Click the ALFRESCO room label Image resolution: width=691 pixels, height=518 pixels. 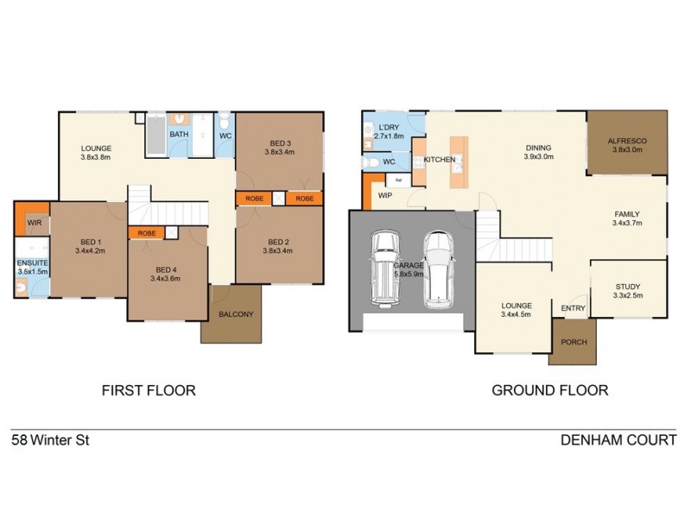(x=627, y=141)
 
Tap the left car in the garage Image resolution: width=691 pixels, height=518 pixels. (x=383, y=268)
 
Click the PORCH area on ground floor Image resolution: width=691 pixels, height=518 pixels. (x=574, y=342)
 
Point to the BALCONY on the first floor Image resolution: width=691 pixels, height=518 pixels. (x=236, y=314)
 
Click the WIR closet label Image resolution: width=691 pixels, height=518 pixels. (x=35, y=222)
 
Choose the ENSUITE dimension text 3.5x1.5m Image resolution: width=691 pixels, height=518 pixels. (x=34, y=271)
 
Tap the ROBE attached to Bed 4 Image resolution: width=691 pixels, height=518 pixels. (x=146, y=233)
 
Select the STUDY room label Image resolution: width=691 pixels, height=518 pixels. (x=628, y=287)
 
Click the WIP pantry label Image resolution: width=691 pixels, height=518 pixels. (x=385, y=196)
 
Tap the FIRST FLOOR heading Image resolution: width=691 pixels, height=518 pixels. (x=149, y=390)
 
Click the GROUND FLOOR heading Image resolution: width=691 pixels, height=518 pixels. (x=549, y=390)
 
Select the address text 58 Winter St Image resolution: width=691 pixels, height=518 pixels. (x=50, y=440)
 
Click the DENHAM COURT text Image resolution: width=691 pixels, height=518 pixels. (x=618, y=440)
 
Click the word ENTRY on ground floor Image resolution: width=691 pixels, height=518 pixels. (x=573, y=308)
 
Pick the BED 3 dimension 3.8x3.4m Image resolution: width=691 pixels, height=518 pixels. (x=279, y=152)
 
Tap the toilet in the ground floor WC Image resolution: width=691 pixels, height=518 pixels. (x=370, y=162)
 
